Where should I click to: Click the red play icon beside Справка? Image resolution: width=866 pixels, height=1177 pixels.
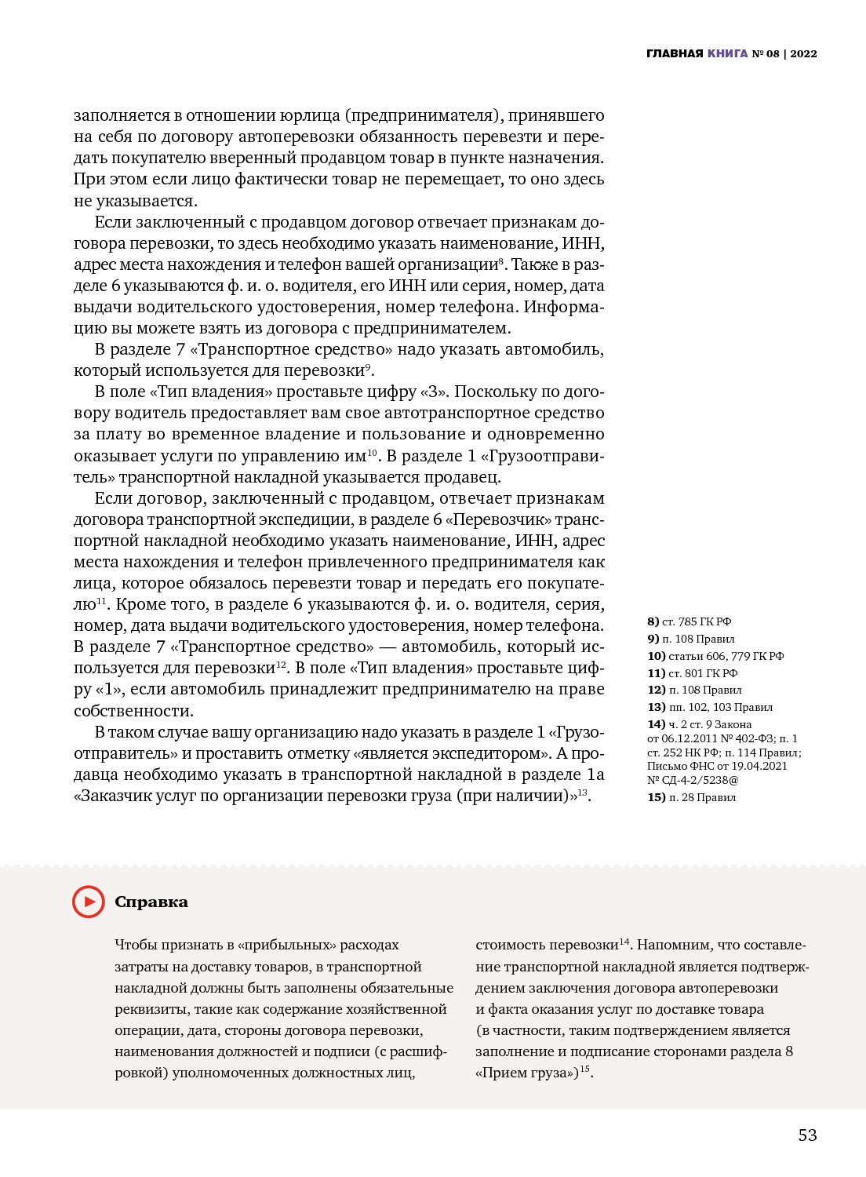[89, 902]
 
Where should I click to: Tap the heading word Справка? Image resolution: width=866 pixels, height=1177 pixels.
[151, 902]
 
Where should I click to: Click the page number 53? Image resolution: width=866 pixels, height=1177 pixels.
[807, 1135]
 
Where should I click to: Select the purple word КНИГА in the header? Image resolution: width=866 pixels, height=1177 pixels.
[727, 54]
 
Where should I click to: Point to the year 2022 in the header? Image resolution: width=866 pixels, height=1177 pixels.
[803, 54]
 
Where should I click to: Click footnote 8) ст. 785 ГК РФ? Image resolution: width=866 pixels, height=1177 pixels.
[689, 621]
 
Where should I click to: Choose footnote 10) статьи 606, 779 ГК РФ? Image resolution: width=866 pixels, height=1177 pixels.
[715, 656]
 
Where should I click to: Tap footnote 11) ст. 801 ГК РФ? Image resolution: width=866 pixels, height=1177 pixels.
[692, 673]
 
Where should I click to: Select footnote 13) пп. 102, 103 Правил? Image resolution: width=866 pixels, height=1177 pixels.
[710, 707]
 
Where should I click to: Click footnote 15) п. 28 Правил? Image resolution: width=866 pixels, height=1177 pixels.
[691, 797]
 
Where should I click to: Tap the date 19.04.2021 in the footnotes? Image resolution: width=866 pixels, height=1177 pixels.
[759, 766]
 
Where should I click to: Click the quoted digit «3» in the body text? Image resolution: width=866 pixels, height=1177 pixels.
[435, 392]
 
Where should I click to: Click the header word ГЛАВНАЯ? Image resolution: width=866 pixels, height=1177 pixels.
[675, 54]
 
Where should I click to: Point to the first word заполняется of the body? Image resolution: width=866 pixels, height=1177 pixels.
[122, 115]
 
